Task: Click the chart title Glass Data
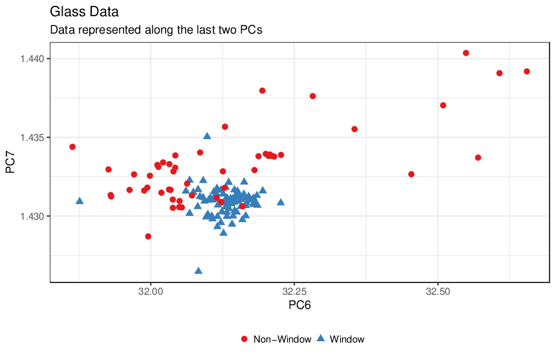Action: pyautogui.click(x=84, y=12)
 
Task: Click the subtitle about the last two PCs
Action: pyautogui.click(x=156, y=30)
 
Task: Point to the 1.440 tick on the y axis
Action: pyautogui.click(x=32, y=58)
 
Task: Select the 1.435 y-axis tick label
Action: pyautogui.click(x=32, y=138)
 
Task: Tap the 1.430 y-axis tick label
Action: pyautogui.click(x=32, y=216)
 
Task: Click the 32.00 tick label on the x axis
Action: pyautogui.click(x=151, y=291)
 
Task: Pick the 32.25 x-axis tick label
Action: pyautogui.click(x=294, y=291)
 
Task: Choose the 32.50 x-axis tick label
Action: pyautogui.click(x=438, y=291)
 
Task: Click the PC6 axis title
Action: pyautogui.click(x=299, y=305)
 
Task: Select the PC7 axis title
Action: pyautogui.click(x=10, y=162)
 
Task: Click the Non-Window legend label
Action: pyautogui.click(x=283, y=339)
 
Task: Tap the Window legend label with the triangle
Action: pyautogui.click(x=347, y=339)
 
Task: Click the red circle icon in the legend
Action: pyautogui.click(x=244, y=339)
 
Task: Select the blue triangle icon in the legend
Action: pyautogui.click(x=321, y=339)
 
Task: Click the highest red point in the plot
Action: pyautogui.click(x=466, y=53)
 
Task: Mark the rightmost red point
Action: pyautogui.click(x=526, y=72)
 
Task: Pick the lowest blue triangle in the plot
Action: pyautogui.click(x=198, y=271)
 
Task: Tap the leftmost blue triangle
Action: pyautogui.click(x=80, y=201)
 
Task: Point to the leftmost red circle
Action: pyautogui.click(x=72, y=147)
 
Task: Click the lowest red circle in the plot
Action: pyautogui.click(x=148, y=237)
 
